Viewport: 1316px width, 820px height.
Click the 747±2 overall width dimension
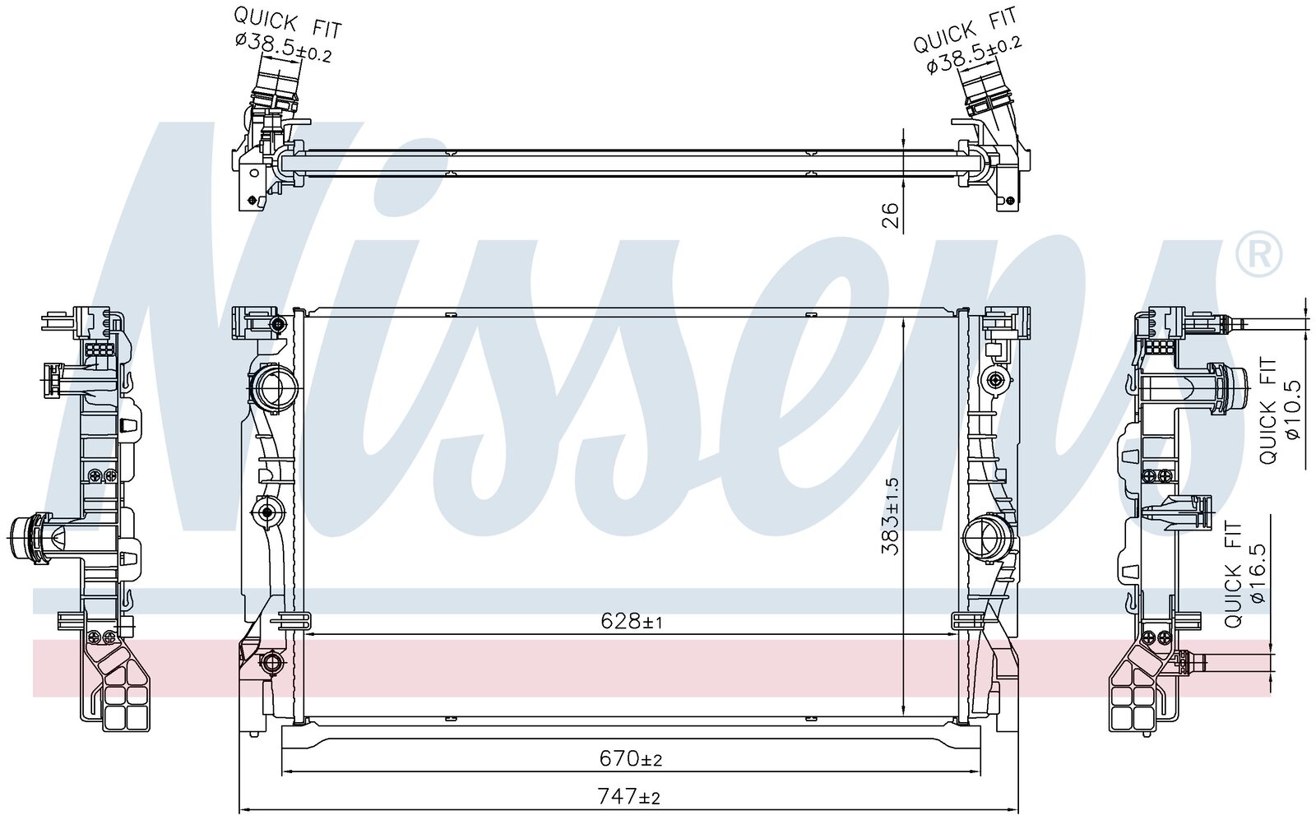click(628, 797)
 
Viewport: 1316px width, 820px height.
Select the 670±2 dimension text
click(630, 758)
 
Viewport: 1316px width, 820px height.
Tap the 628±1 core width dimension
click(632, 620)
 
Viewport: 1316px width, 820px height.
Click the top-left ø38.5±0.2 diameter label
click(284, 46)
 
